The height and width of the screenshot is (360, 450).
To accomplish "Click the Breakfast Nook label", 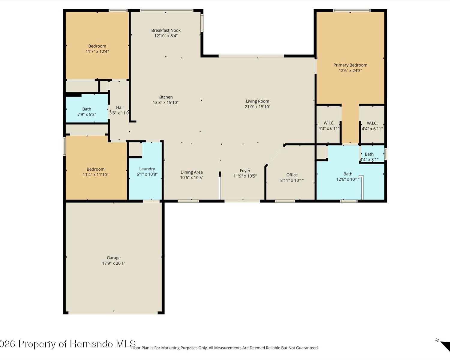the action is tap(166, 30).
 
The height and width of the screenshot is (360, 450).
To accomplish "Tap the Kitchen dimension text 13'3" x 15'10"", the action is tap(166, 103).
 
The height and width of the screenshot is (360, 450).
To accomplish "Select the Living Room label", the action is tap(257, 101).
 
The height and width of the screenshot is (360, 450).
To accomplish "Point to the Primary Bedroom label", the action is tap(350, 65).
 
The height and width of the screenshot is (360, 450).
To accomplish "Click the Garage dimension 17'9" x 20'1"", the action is tap(113, 263).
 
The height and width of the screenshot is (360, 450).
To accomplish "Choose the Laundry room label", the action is tap(147, 169).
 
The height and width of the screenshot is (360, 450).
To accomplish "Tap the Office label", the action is tap(292, 175).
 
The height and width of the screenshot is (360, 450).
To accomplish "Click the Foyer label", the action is tap(245, 171).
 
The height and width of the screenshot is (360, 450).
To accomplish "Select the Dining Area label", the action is tap(191, 172).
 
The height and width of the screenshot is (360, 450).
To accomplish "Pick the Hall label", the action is tap(120, 107).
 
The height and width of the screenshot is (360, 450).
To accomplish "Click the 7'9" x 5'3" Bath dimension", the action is tap(87, 114).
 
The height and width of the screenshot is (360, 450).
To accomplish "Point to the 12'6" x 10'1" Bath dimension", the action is tap(348, 179).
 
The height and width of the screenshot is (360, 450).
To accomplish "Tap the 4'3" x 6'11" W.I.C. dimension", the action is tap(329, 128).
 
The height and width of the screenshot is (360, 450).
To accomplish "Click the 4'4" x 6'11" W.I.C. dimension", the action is tap(372, 129).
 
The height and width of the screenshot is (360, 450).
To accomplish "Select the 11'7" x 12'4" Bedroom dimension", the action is tap(97, 52).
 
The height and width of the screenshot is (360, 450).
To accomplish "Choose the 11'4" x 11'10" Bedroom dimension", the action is tap(96, 175).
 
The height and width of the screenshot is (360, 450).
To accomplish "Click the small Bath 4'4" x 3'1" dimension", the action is tap(369, 160).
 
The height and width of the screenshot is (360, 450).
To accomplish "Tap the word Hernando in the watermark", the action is tap(91, 344).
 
